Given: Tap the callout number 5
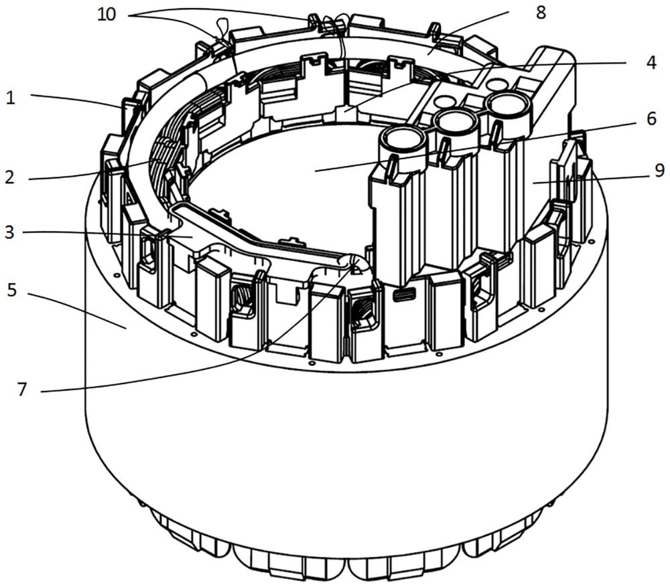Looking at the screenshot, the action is pos(13,291).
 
